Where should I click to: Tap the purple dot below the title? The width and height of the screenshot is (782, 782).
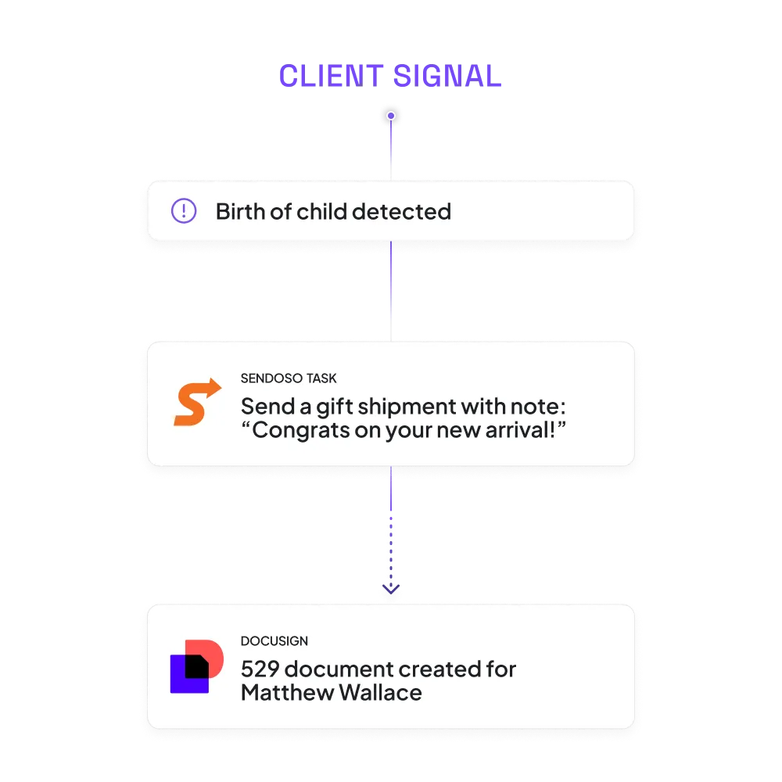click(391, 117)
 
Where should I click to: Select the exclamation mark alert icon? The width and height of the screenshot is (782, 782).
click(184, 211)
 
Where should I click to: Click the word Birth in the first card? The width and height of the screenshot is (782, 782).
click(239, 211)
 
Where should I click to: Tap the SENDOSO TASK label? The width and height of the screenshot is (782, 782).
click(289, 378)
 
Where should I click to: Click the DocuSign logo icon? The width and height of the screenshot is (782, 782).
click(196, 665)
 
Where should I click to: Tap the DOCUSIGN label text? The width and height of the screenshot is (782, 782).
click(274, 641)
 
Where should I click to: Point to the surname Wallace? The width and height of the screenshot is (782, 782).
click(381, 693)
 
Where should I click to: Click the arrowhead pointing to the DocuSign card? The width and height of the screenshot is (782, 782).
click(390, 591)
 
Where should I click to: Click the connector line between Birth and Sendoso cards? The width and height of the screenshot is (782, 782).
click(391, 289)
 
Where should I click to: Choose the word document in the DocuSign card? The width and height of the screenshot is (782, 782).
click(340, 669)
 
